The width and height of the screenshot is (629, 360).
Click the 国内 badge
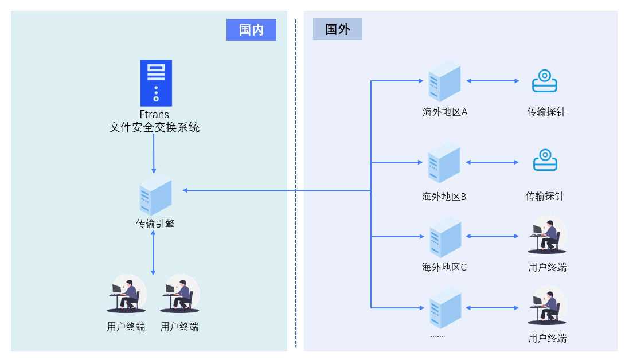point(251,30)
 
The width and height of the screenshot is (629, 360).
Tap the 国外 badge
point(337,29)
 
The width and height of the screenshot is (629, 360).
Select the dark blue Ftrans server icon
point(156,83)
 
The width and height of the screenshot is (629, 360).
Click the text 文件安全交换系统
point(154,127)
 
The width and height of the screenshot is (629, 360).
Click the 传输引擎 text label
point(155,224)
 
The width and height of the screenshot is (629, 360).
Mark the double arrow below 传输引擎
point(153,253)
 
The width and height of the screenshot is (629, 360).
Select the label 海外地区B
point(444,197)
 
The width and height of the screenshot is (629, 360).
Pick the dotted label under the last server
point(437,336)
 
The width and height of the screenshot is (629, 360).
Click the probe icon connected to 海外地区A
point(544,81)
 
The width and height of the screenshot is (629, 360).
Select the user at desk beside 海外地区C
point(546,236)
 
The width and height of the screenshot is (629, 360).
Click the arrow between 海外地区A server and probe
point(492,81)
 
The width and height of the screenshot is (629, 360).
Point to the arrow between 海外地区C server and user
point(492,236)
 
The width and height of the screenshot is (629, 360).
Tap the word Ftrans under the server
point(154,114)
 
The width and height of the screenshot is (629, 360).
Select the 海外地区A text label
point(445,112)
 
